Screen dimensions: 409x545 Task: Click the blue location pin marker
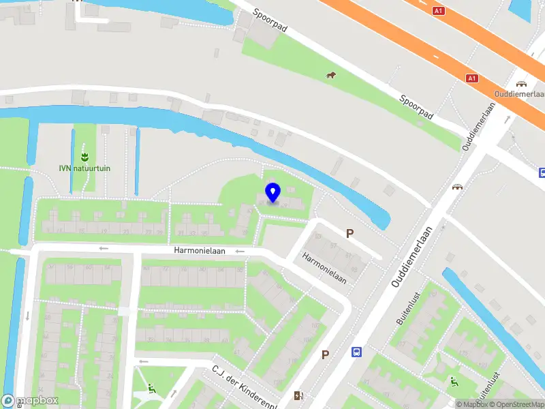click(x=272, y=192)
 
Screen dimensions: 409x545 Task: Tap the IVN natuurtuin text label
click(x=84, y=168)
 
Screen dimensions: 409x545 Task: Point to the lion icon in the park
click(x=331, y=75)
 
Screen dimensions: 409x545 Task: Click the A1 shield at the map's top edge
click(x=439, y=11)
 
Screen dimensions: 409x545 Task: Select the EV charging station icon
click(x=298, y=395)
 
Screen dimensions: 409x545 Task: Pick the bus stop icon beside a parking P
click(x=356, y=352)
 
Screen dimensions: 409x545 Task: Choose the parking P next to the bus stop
click(x=325, y=354)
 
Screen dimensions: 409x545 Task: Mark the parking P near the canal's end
click(x=349, y=233)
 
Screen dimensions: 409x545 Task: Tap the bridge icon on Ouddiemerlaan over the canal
click(x=458, y=185)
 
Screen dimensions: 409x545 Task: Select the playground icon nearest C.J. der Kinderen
click(x=151, y=389)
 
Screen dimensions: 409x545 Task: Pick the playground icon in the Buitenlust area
click(x=453, y=382)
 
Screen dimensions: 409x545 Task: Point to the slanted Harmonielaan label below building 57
click(x=325, y=268)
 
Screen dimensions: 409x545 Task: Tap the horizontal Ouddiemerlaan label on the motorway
click(x=521, y=93)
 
